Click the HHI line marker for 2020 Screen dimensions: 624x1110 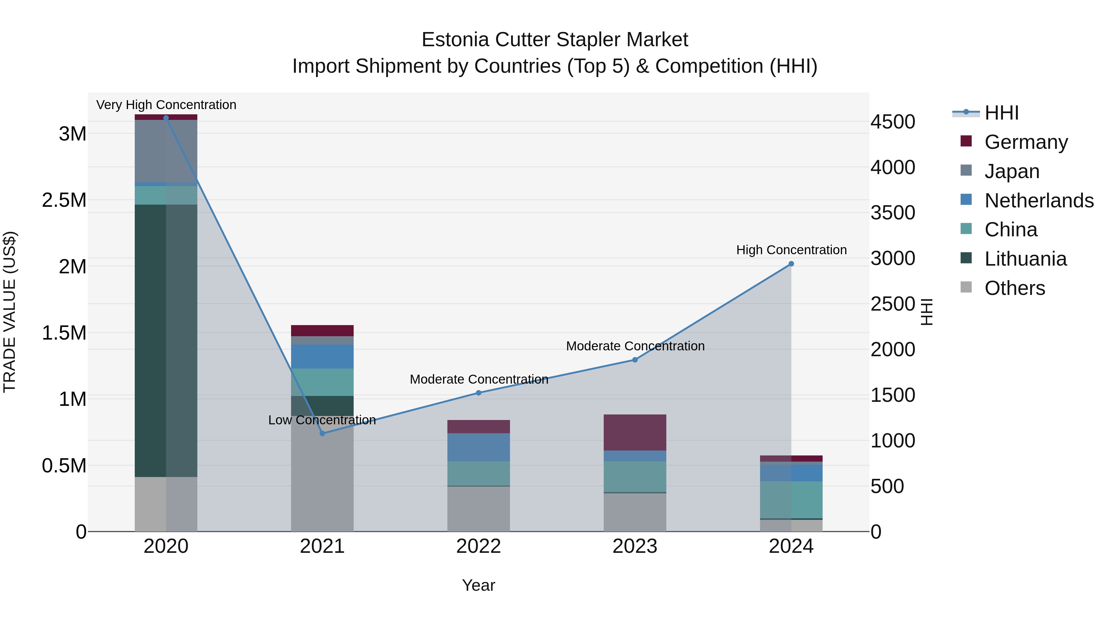click(166, 118)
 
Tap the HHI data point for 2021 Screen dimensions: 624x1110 click(322, 433)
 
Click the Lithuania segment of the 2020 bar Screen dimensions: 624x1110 click(166, 340)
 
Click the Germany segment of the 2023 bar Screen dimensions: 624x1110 click(635, 432)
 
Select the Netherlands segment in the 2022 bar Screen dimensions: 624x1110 click(478, 447)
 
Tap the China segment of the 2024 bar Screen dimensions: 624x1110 click(791, 500)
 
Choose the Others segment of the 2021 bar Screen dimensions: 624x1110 click(322, 474)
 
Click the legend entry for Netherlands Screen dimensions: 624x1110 click(1038, 201)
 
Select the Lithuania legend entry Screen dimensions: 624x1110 click(1025, 259)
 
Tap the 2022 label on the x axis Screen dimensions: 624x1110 click(478, 546)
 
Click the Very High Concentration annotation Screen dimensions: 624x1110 click(166, 105)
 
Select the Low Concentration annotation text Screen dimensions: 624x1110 click(322, 420)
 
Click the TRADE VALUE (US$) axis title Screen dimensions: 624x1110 click(10, 312)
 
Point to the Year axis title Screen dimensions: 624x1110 click(478, 585)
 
